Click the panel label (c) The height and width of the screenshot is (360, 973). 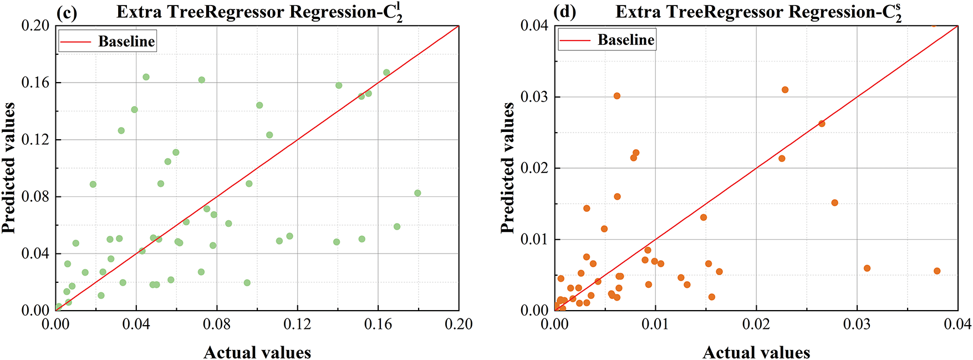[67, 12]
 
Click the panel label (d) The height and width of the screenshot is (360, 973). [565, 12]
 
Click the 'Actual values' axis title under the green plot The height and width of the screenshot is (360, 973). [257, 352]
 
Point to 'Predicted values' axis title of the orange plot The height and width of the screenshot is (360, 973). [507, 168]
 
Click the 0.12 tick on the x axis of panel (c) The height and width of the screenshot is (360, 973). [297, 324]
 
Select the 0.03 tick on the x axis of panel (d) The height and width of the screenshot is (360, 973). [857, 324]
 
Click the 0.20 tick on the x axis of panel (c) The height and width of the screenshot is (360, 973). [459, 324]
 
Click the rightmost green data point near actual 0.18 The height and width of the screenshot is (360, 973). [417, 193]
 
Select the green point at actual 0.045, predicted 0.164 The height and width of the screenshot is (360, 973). [146, 77]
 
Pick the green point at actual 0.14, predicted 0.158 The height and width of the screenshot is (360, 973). [339, 85]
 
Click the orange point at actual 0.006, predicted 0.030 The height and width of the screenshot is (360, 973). [617, 96]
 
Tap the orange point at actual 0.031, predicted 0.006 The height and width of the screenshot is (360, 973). [867, 268]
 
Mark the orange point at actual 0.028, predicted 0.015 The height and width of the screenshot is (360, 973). [834, 203]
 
